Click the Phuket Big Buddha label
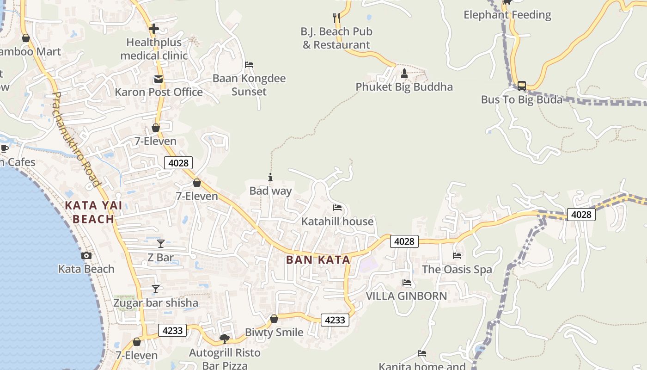tap(404, 87)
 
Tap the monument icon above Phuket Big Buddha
tap(404, 73)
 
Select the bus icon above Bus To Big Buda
tap(521, 86)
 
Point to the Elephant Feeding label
tap(507, 15)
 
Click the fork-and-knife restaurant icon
tap(336, 18)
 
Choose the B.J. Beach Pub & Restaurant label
tap(336, 38)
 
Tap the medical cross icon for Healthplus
tap(154, 29)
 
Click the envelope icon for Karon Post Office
tap(159, 79)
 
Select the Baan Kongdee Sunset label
tap(249, 85)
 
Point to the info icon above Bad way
tap(270, 177)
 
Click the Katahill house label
tap(337, 222)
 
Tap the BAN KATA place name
tap(318, 260)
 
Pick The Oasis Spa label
tap(457, 270)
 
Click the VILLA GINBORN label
tap(406, 296)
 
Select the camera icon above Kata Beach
tap(86, 255)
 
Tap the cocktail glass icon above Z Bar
tap(160, 243)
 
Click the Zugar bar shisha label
tap(156, 303)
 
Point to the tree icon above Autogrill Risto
tap(225, 339)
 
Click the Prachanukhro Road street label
tap(76, 139)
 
